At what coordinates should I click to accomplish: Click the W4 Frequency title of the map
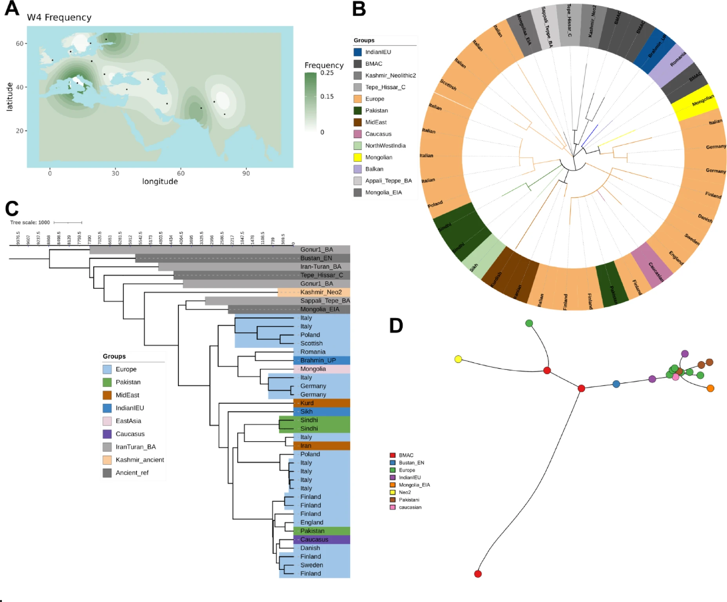click(x=59, y=18)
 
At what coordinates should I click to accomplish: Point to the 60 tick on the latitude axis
click(x=20, y=44)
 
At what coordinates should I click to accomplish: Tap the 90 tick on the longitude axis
click(x=246, y=173)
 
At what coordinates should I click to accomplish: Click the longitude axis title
click(x=160, y=181)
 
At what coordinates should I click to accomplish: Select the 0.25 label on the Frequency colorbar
click(x=327, y=73)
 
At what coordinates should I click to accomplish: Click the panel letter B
click(x=359, y=9)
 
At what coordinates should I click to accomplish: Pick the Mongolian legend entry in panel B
click(x=379, y=158)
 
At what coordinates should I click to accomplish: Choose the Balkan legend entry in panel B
click(x=374, y=169)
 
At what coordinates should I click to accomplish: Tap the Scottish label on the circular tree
click(x=448, y=85)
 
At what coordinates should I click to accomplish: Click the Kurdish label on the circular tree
click(x=496, y=279)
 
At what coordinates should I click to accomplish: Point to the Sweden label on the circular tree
click(x=692, y=239)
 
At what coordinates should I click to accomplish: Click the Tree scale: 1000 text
click(x=30, y=223)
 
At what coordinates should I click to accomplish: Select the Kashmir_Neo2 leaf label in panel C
click(x=321, y=292)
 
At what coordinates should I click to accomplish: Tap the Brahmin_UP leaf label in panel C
click(x=318, y=361)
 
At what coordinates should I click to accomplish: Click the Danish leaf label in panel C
click(x=310, y=548)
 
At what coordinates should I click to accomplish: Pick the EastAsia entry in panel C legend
click(x=128, y=421)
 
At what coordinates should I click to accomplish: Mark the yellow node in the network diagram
click(x=458, y=359)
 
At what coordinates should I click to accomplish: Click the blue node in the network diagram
click(x=616, y=384)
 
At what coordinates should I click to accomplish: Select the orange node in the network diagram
click(x=710, y=388)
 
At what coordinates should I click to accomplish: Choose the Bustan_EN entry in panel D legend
click(x=411, y=463)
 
